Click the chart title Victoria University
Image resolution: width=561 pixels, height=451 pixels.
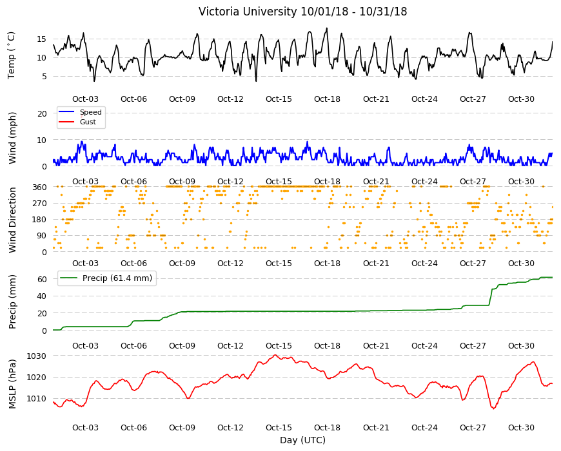point(248,12)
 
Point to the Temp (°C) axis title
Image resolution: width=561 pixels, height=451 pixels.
point(11,55)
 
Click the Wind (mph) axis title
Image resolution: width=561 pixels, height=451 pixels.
point(12,138)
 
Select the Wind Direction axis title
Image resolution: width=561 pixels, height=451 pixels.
point(12,220)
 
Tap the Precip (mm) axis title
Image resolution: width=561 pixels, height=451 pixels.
point(12,302)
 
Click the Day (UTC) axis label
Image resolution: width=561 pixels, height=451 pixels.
point(302,440)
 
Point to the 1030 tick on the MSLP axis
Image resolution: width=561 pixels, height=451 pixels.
point(37,356)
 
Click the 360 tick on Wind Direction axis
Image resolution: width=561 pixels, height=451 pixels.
point(40,187)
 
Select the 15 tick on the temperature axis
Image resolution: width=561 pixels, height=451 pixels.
point(42,39)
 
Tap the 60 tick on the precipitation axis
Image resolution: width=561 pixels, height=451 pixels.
point(42,279)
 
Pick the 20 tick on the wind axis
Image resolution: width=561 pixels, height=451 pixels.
point(42,113)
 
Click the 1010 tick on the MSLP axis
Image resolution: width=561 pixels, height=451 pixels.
point(37,398)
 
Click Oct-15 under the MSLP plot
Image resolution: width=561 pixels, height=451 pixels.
point(279,427)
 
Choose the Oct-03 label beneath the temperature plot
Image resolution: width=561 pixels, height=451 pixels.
point(85,99)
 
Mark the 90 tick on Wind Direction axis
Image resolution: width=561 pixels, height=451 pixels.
point(42,236)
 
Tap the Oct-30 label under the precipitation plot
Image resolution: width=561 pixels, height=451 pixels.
point(521,345)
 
